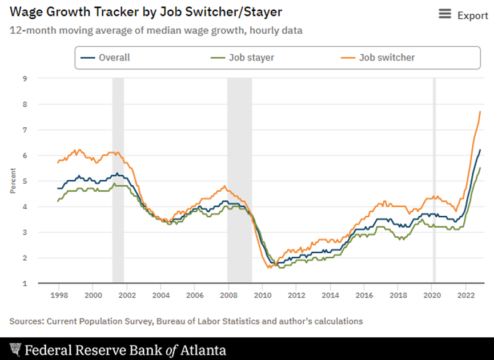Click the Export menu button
463,15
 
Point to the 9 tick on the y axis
25,79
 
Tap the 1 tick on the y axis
25,284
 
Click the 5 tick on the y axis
25,181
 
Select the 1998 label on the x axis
60,296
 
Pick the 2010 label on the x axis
262,296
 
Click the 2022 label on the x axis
465,296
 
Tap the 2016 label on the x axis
364,296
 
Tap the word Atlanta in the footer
204,350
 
